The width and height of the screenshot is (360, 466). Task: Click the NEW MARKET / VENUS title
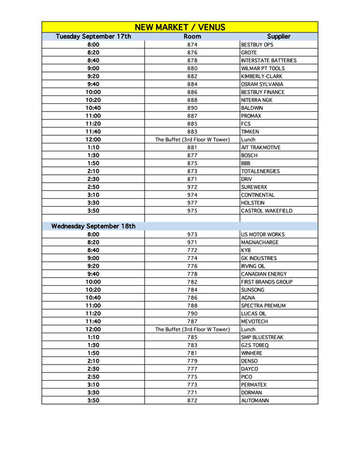(179, 27)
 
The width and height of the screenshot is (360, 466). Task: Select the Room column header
(192, 37)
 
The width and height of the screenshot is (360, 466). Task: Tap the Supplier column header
(278, 37)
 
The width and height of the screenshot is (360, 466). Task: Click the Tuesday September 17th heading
(93, 37)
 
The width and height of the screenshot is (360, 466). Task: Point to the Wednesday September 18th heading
(93, 226)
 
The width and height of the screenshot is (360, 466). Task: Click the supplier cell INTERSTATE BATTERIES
(268, 61)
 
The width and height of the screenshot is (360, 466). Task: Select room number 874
(192, 45)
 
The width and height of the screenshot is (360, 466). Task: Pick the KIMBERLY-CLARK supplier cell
(261, 76)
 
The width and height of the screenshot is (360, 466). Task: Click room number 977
(192, 203)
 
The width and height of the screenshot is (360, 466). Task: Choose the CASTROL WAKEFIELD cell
(266, 211)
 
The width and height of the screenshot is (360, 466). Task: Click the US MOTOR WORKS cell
(262, 234)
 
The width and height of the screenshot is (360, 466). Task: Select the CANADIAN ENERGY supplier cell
(264, 274)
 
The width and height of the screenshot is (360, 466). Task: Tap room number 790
(192, 313)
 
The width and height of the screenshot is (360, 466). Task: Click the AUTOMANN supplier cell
(254, 401)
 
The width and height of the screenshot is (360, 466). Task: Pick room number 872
(192, 401)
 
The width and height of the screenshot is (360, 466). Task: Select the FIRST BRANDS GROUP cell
(266, 282)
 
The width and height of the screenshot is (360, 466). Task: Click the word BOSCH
(249, 156)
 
